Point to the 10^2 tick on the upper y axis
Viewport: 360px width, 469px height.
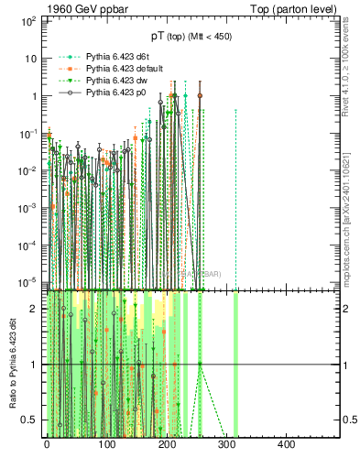pos(27,19)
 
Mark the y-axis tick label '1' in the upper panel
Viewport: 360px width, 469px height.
pos(34,95)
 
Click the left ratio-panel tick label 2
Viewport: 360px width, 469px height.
pos(34,309)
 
